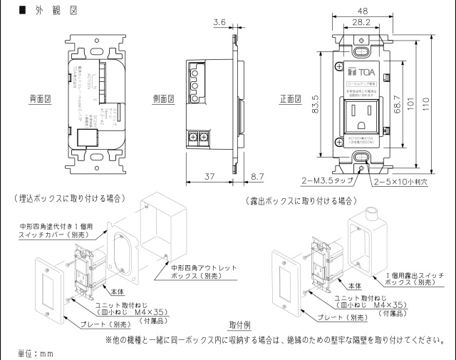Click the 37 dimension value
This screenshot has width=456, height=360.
tap(209, 175)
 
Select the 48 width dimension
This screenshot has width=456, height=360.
tap(363, 11)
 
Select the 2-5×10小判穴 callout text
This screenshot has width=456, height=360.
tap(404, 182)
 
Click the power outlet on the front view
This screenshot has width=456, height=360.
tap(362, 113)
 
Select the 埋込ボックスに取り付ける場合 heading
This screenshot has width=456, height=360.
tap(68, 197)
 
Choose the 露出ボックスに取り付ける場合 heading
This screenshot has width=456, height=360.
tap(301, 202)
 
